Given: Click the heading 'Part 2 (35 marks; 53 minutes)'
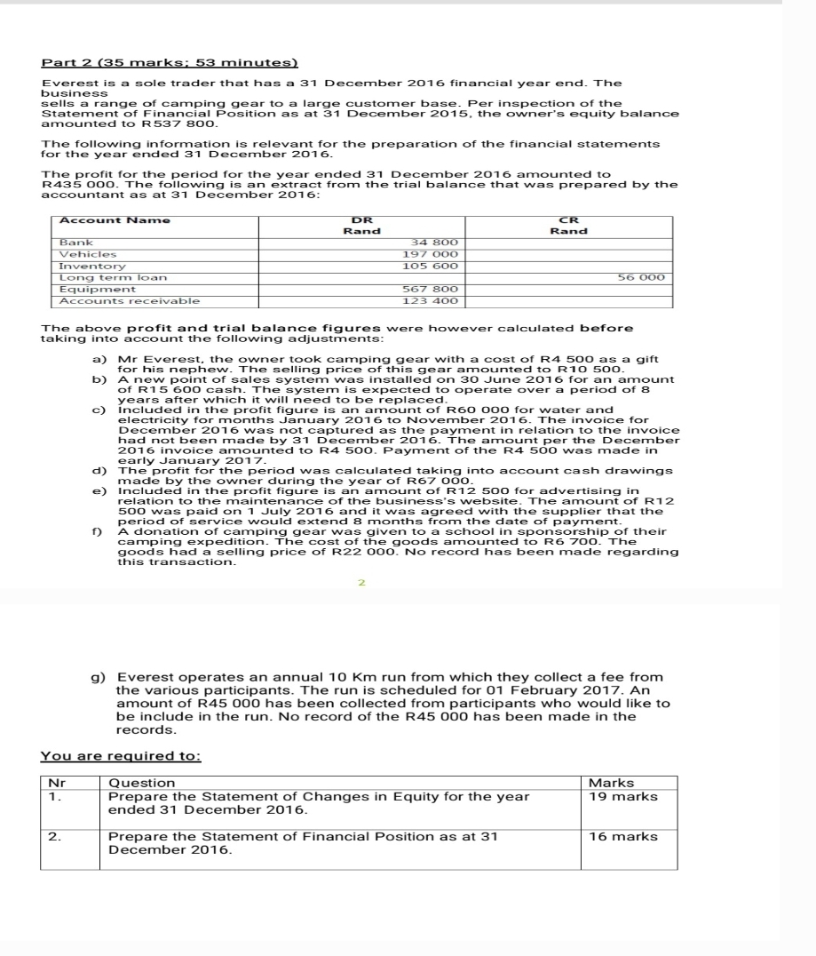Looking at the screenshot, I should [170, 63].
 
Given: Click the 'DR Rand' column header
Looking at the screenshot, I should [361, 226].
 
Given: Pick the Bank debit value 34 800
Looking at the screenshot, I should [436, 242].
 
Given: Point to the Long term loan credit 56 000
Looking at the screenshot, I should [641, 277].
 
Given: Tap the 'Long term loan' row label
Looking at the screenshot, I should [100, 277].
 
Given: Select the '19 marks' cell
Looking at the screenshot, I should [623, 797].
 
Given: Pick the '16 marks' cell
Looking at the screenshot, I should [623, 836].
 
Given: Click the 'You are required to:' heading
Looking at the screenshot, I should [121, 756].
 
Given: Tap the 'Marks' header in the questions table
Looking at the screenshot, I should [612, 783].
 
